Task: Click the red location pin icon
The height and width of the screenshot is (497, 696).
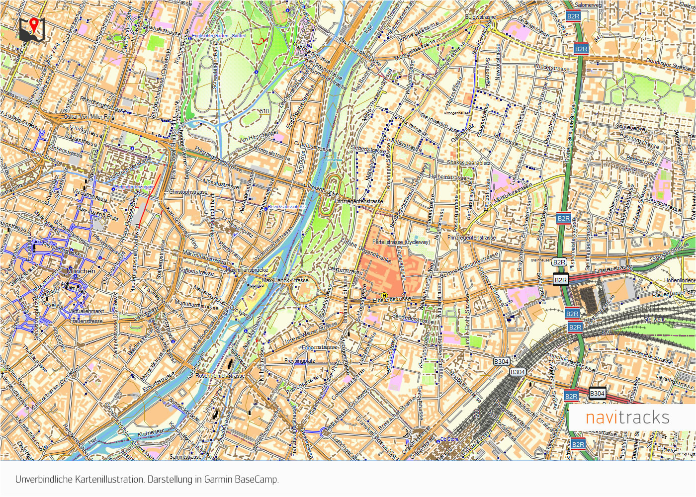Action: point(33,24)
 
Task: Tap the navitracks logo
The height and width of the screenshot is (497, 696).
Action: point(627,417)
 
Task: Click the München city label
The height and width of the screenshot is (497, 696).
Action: point(81,271)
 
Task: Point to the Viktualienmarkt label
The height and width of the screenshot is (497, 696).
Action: point(87,311)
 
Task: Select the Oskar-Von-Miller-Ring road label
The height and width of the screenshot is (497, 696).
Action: point(89,117)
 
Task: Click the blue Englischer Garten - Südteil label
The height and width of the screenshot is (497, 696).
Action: point(218,36)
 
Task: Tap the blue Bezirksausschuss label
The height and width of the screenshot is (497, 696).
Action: point(286,207)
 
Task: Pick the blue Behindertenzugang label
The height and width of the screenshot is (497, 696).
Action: point(134,187)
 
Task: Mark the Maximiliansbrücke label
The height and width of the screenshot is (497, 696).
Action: point(247,270)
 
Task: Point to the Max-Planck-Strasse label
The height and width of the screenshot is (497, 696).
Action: point(285,280)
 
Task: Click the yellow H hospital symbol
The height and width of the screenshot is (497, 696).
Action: point(384,296)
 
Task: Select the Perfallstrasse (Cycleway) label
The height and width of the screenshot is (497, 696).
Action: point(401,242)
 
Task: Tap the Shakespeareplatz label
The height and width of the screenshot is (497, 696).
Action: point(468,163)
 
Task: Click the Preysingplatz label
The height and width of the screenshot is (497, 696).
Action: point(299,361)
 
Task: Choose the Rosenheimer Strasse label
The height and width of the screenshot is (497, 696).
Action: point(220,376)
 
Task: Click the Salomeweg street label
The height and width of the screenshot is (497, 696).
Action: point(588,5)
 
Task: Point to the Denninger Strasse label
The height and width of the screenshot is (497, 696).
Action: point(668,64)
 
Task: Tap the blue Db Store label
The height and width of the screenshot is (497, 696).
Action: point(449,439)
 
